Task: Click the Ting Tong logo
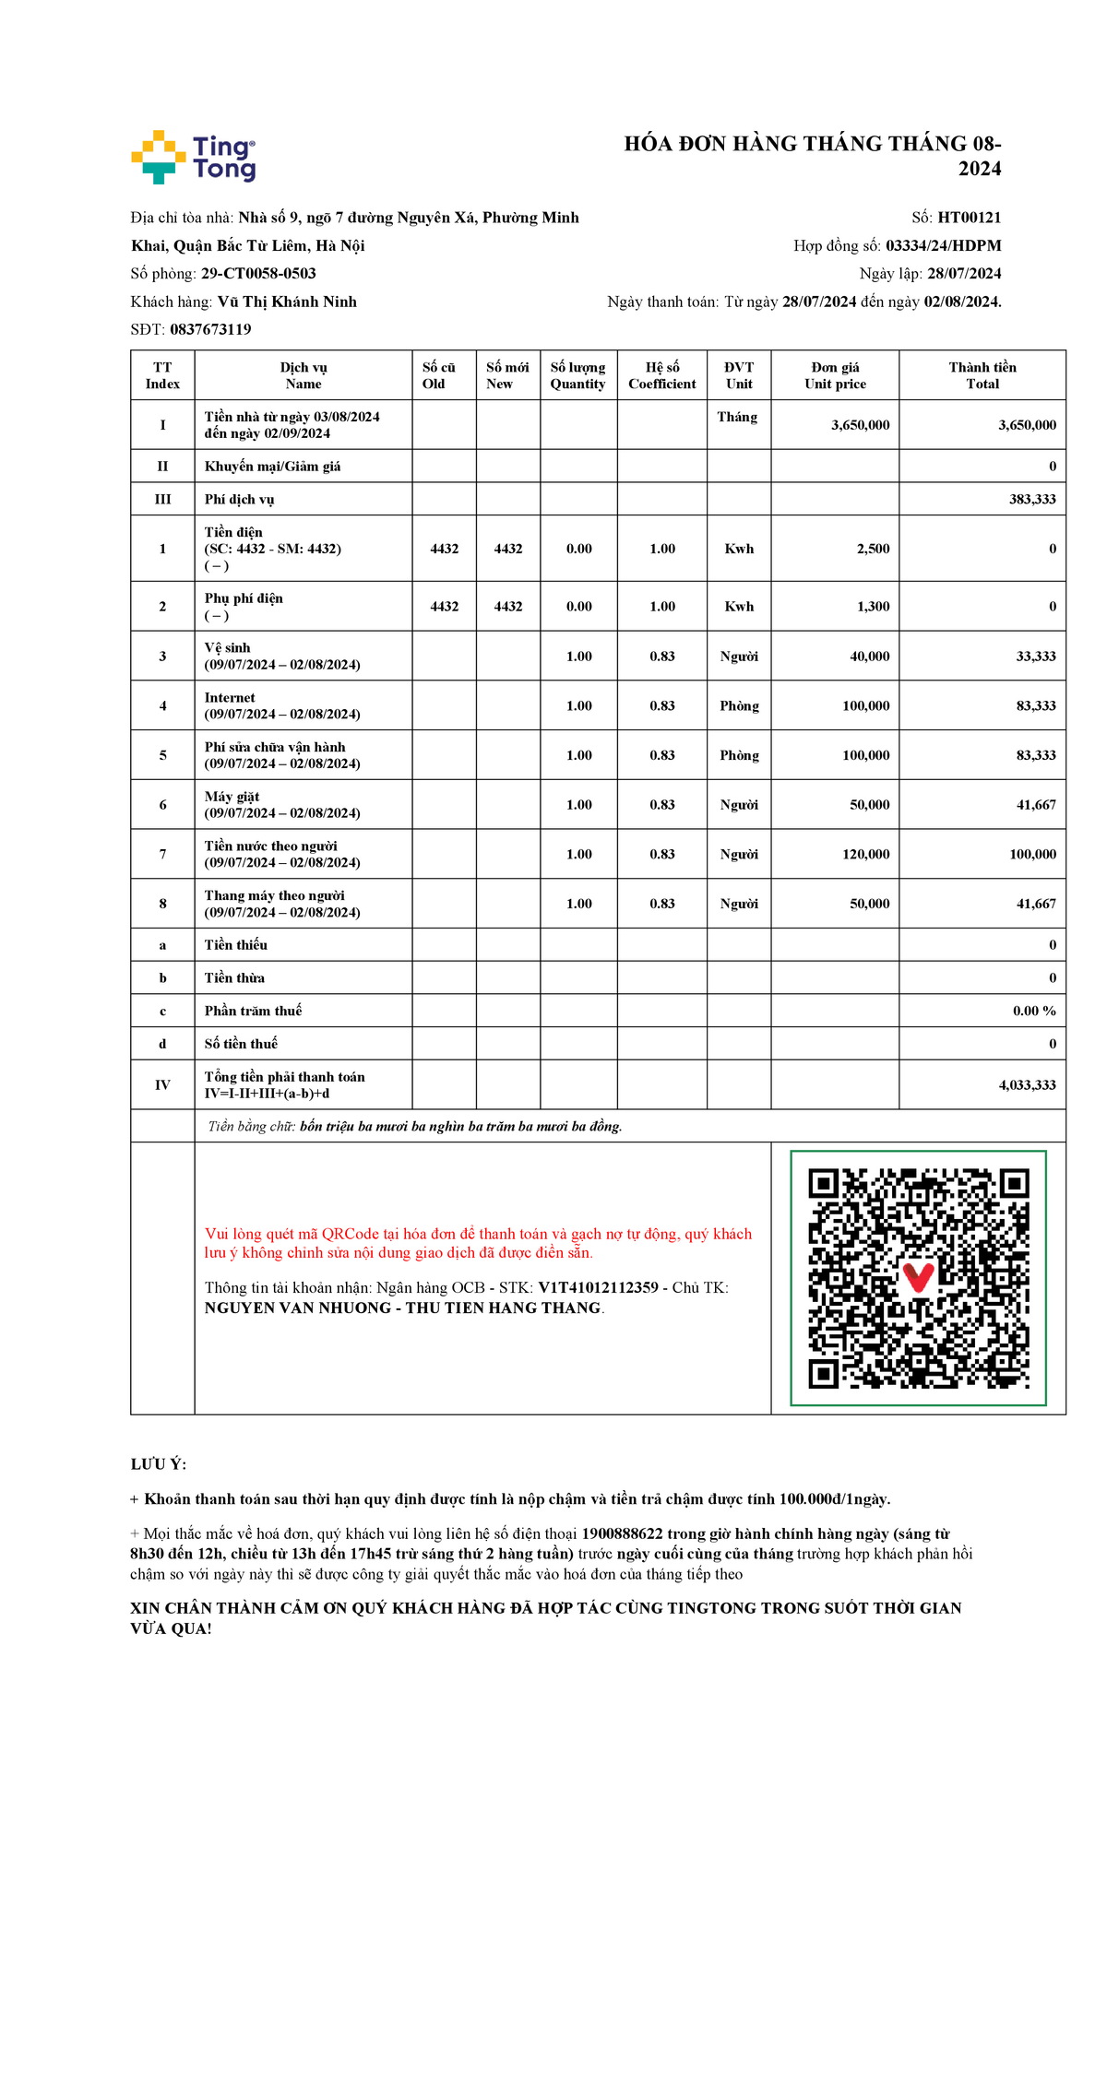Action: click(194, 157)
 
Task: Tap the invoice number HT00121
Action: click(969, 218)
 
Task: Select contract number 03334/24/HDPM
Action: click(943, 245)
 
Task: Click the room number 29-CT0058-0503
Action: click(258, 274)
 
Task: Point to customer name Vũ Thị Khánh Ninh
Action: click(287, 302)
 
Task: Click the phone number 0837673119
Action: click(210, 329)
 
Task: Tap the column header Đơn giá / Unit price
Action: click(835, 375)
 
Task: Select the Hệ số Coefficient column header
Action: click(662, 375)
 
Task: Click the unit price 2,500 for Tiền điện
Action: click(873, 549)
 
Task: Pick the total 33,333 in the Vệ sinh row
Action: click(1036, 657)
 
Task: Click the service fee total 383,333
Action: click(1032, 499)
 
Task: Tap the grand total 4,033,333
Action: click(1027, 1085)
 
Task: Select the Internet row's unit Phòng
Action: click(739, 706)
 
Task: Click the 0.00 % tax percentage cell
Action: click(1034, 1011)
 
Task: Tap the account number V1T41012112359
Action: click(598, 1288)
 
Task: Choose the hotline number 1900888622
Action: click(622, 1534)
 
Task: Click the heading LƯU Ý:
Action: click(159, 1464)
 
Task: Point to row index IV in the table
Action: click(162, 1085)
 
